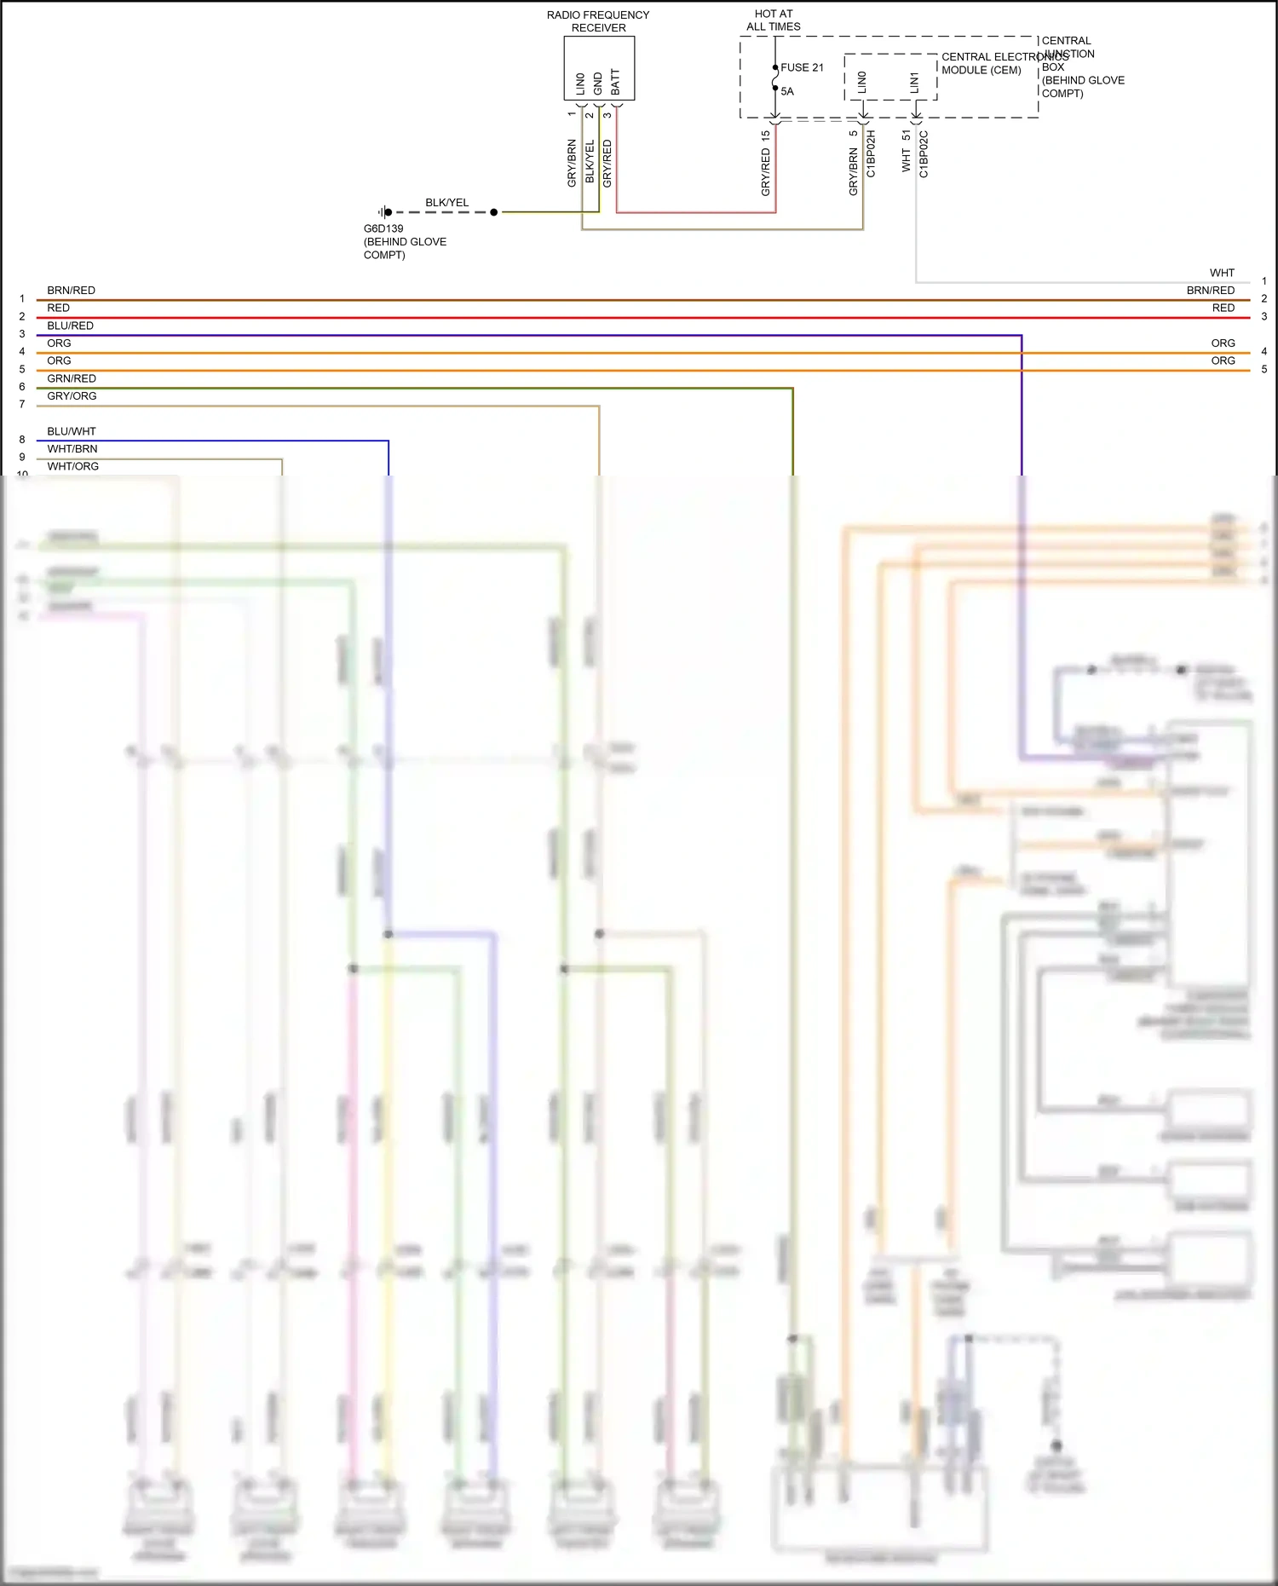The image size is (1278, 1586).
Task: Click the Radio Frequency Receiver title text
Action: tap(598, 21)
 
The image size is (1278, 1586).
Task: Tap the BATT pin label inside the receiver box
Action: tap(616, 83)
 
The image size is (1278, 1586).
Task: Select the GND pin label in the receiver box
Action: tap(598, 84)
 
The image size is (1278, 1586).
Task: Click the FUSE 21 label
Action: tap(802, 67)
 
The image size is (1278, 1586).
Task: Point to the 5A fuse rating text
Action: tap(787, 91)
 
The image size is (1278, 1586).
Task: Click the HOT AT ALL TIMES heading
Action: tap(774, 20)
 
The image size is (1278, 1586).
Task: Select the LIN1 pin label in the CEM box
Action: tap(914, 83)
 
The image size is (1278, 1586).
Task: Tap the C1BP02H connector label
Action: tap(871, 154)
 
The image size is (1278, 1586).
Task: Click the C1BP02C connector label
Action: tap(924, 154)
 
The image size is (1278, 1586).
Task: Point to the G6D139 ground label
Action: tap(383, 228)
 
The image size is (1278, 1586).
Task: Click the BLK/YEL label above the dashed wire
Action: tap(447, 203)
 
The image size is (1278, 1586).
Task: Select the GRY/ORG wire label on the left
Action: tap(72, 396)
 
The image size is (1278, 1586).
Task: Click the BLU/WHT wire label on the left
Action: tap(72, 431)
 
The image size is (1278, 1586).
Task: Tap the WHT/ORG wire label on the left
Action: tap(72, 466)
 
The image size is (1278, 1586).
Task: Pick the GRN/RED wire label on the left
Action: tap(72, 378)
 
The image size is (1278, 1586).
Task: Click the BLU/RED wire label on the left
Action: tap(70, 326)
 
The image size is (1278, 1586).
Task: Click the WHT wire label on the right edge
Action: tap(1222, 273)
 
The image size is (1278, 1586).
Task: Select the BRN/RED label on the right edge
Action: tap(1211, 291)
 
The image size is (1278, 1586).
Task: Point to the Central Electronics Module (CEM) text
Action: tap(993, 64)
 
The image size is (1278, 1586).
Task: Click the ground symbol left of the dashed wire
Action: tap(384, 212)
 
